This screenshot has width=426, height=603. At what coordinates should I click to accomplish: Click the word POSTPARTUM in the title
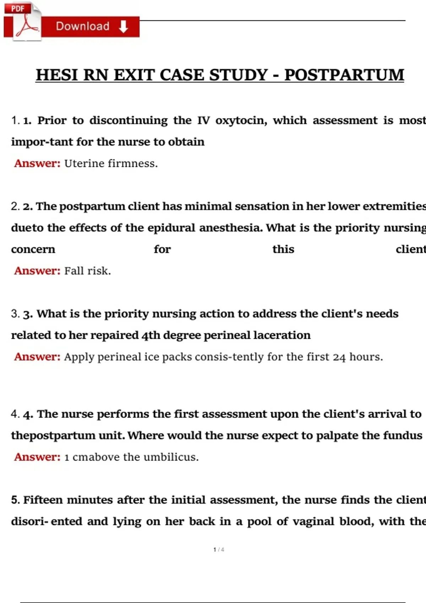tap(344, 75)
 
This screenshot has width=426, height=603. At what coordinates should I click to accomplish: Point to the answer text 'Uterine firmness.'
tap(111, 164)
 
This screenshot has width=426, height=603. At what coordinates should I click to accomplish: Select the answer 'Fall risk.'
tap(87, 271)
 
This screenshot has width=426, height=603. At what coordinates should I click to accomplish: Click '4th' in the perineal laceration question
tap(151, 335)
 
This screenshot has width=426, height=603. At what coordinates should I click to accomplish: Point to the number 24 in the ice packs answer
tap(339, 357)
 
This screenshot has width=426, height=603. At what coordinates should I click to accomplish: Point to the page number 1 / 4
tap(219, 550)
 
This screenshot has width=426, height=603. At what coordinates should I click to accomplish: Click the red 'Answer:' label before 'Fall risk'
tap(37, 271)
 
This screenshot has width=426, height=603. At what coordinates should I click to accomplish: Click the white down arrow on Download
tap(123, 27)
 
